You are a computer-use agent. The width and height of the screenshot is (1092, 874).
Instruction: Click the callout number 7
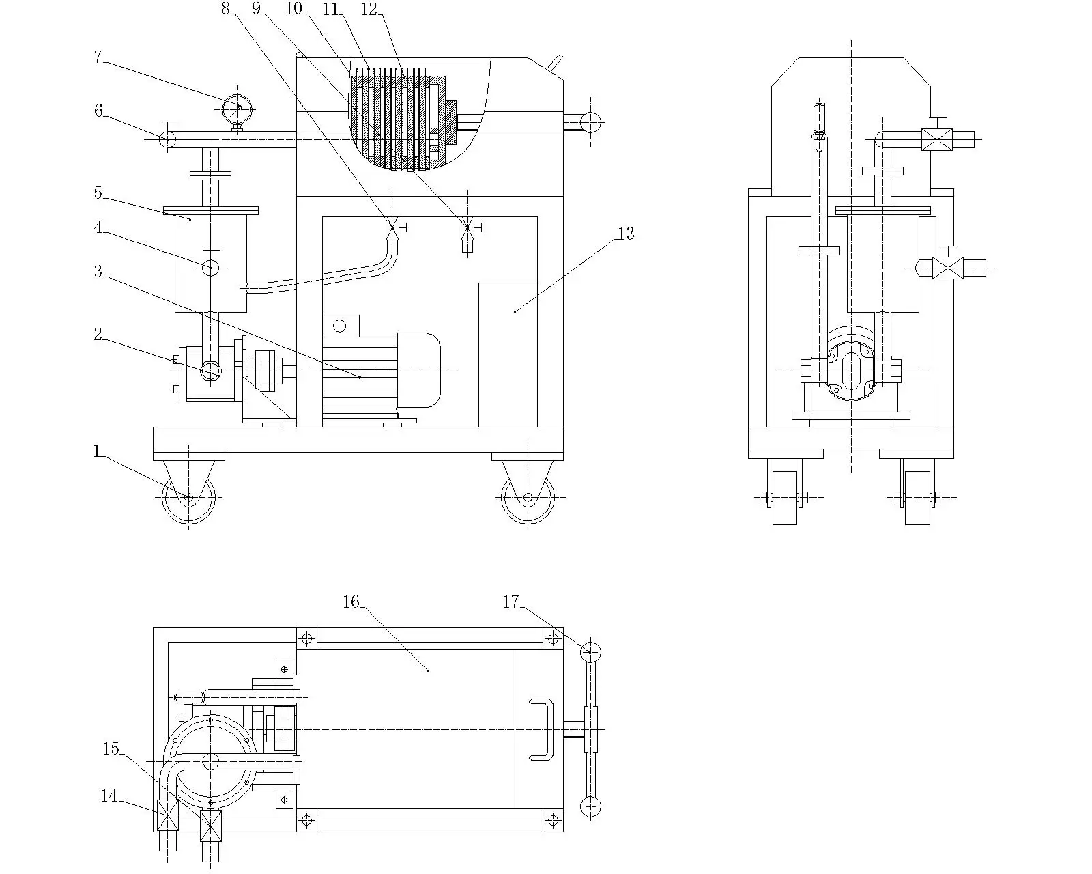[98, 57]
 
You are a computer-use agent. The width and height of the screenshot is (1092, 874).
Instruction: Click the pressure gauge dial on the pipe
[237, 107]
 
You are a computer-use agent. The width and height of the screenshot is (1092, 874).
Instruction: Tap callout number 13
[625, 234]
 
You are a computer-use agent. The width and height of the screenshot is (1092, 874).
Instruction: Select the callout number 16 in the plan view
[350, 602]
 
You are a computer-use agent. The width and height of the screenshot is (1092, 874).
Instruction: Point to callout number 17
[511, 602]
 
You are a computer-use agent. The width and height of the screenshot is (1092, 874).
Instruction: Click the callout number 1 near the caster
[97, 451]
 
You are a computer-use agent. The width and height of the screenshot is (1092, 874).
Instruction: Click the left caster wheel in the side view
[189, 498]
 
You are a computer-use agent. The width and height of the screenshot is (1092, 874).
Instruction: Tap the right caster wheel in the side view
[528, 498]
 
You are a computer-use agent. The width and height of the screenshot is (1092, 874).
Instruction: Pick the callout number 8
[225, 9]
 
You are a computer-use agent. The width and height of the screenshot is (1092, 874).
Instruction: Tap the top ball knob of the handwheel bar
[590, 651]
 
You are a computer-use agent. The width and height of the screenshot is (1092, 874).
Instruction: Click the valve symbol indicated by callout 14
[168, 815]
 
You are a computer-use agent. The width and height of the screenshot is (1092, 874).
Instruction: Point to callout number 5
[98, 193]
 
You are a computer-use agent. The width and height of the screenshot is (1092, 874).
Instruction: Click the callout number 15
[111, 749]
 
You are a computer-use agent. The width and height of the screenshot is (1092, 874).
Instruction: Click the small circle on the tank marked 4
[211, 267]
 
